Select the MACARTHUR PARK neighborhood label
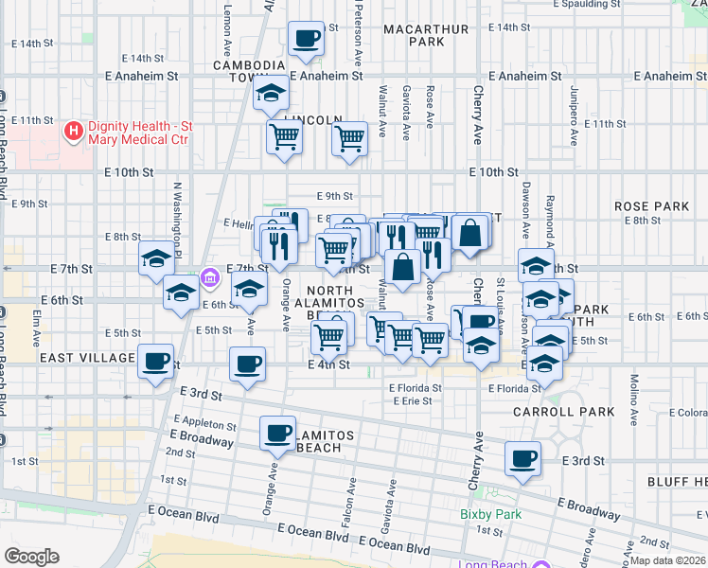tap(426, 35)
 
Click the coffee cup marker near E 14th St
tap(306, 39)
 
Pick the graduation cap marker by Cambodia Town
tap(272, 94)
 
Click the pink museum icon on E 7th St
tap(210, 280)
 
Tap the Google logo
tap(31, 557)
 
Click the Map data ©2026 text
tap(668, 559)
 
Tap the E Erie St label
tap(416, 400)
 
